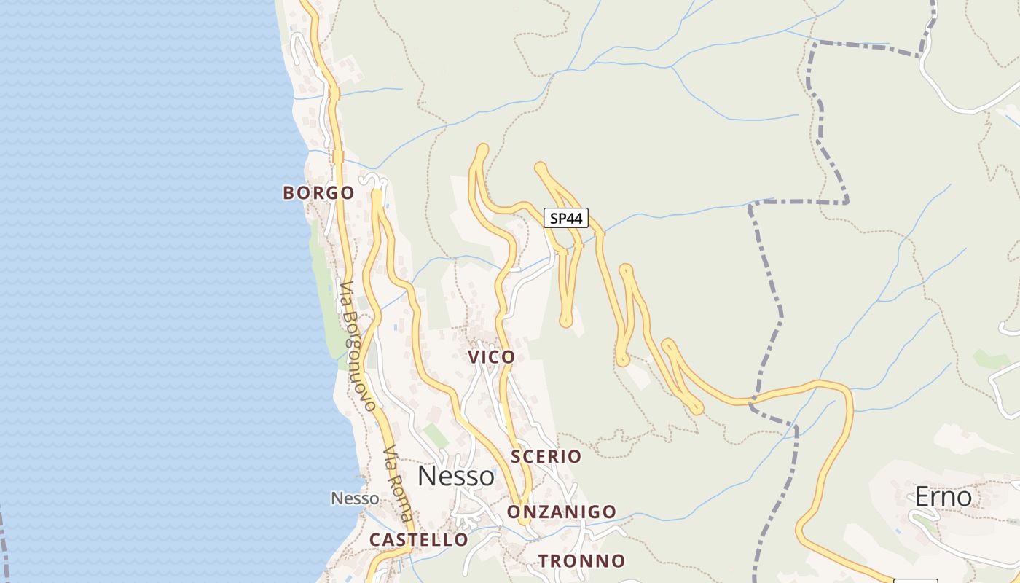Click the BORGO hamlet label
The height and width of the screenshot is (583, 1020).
pos(318,193)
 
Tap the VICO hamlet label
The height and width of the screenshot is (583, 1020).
pos(492,357)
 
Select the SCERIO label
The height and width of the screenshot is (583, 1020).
pos(546,457)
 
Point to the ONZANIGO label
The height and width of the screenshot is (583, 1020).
pos(562,512)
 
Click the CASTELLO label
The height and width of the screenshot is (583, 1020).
pos(419,540)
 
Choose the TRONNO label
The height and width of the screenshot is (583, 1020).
pos(581,561)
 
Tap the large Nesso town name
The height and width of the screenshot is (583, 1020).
pos(456,477)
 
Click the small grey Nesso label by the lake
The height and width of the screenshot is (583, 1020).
pos(355,498)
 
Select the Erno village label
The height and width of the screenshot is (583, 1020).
pos(943,497)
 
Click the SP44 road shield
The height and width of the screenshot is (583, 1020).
pos(566,218)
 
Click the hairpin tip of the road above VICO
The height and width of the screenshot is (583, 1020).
pos(482,149)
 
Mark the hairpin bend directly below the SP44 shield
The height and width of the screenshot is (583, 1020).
pos(566,320)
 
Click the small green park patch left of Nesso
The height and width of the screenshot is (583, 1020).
pos(436,436)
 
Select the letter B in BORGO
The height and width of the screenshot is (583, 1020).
pos(289,193)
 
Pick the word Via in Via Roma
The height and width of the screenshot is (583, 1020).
pos(389,458)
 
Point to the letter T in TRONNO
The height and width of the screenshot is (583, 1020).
pos(543,561)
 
